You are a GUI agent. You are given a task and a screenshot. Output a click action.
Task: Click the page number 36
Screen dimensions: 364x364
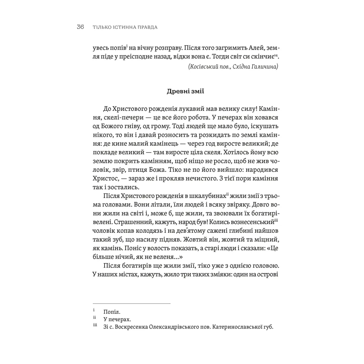pos(80,27)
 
